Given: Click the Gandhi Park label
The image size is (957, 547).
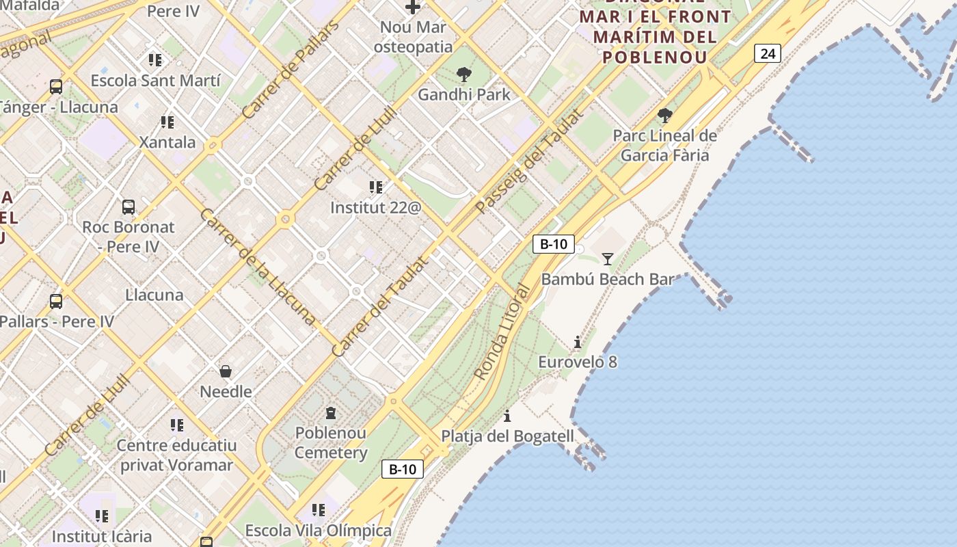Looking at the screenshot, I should coord(464,94).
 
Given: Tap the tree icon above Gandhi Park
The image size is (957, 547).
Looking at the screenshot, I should coord(464,74).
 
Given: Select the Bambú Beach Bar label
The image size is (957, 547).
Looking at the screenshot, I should coord(607,279).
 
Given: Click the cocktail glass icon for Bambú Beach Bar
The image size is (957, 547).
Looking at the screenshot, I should coord(607,258).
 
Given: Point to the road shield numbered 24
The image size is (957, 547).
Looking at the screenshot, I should coord(768,53).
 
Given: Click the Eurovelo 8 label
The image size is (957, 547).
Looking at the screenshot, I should coord(578,362).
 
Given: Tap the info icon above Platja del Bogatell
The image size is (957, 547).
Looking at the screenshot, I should coord(507,416).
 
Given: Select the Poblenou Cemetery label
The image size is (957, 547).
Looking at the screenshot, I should coord(331,442).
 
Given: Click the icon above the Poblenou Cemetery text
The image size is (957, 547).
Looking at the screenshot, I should coord(331,412).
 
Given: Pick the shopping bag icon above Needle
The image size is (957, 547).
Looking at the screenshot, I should coord(226,371).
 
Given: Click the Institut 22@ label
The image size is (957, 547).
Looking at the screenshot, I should coord(375,207).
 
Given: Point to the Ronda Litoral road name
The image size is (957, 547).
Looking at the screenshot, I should coord(502,332).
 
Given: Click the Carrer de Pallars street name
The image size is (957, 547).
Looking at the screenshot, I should coord(291,70).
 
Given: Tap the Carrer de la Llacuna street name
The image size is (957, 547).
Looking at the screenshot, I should coord(258,267).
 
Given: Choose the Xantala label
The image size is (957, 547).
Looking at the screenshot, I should coord(167,142).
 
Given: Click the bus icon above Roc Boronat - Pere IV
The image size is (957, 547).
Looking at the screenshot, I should coord(128,206).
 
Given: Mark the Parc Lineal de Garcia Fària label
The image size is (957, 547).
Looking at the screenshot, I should coord(664,145).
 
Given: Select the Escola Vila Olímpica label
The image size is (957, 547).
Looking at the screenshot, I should coord(319,530).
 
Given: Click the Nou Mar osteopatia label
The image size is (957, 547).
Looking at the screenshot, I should coord(413,37).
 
